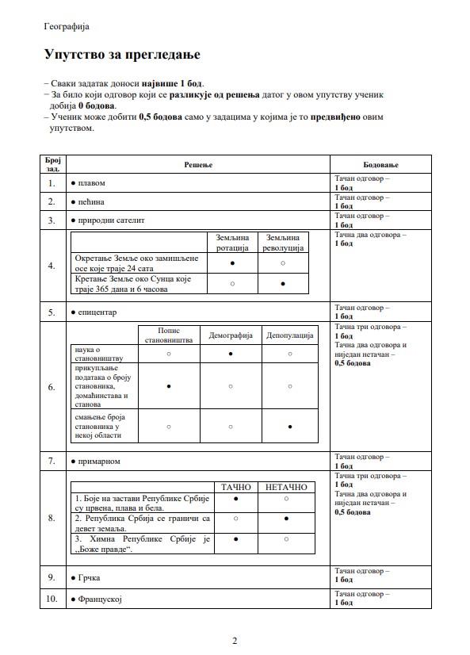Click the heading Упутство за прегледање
point(122,55)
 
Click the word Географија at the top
point(67,25)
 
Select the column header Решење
point(198,164)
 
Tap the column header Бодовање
point(380,164)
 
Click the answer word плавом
point(91,183)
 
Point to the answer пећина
point(91,202)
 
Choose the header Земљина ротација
point(232,242)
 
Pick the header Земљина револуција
point(283,242)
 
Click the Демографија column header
point(231,335)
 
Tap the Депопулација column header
point(290,335)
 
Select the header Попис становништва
point(169,335)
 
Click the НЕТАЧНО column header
point(285,487)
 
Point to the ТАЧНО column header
point(236,487)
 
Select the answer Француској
point(99,599)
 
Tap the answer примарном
point(99,461)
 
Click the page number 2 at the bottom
point(235,641)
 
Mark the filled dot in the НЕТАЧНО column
point(285,518)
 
